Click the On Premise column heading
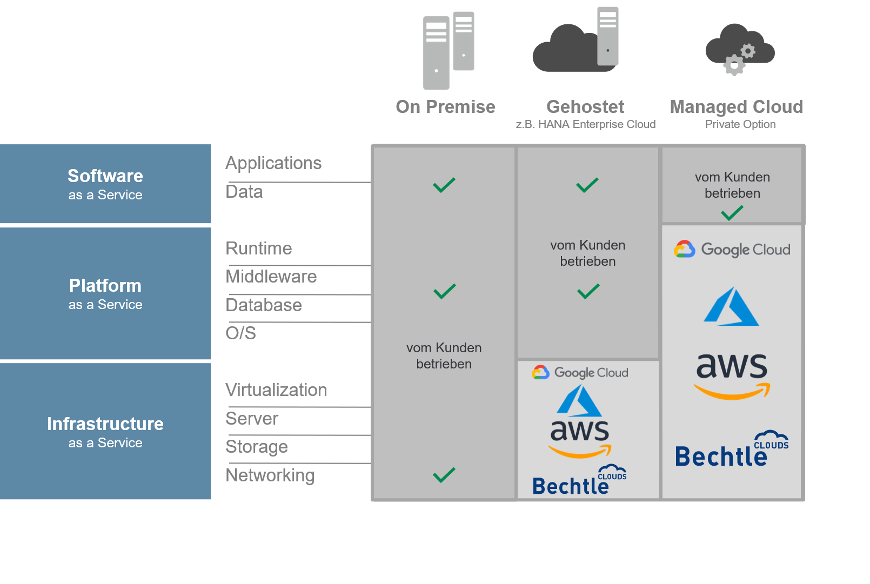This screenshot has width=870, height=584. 445,107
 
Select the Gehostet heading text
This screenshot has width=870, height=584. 585,106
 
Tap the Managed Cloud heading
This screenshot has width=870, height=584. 736,107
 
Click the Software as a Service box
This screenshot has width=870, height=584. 105,184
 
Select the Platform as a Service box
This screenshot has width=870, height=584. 105,294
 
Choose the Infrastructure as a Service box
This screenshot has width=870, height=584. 105,432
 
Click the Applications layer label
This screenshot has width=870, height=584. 273,163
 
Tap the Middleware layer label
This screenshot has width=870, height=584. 271,277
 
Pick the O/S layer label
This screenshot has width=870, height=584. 241,333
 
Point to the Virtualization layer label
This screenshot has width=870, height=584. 276,390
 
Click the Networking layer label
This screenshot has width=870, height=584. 270,475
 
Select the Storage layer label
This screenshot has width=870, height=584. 257,447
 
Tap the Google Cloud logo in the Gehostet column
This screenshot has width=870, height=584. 580,372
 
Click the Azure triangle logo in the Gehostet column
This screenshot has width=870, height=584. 579,400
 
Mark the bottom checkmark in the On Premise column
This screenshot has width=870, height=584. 444,475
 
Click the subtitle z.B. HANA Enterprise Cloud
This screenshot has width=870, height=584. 586,124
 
